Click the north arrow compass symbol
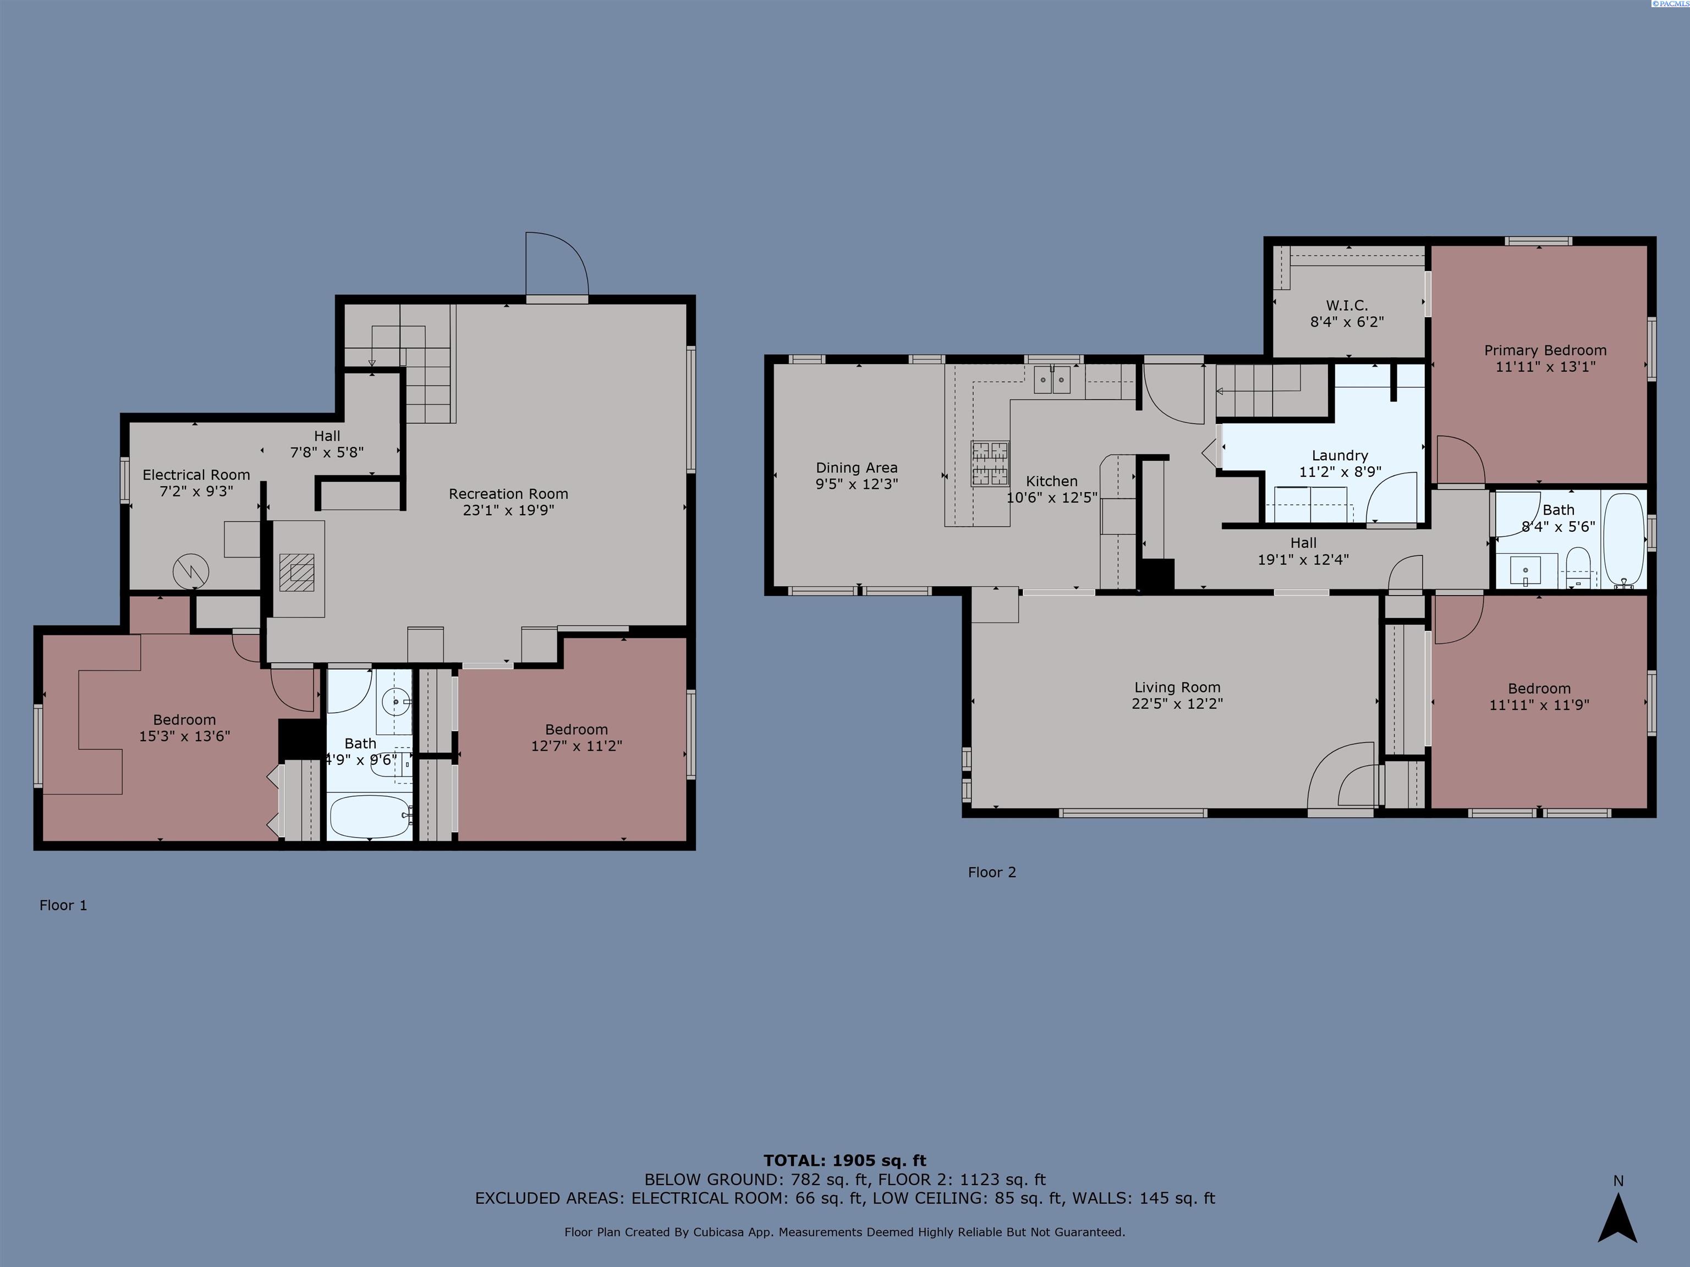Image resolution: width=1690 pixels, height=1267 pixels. point(1617,1218)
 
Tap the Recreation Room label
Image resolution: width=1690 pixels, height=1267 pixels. point(508,494)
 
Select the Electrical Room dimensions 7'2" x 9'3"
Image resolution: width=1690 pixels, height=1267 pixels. point(196,491)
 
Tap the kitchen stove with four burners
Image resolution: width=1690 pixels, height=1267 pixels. point(990,463)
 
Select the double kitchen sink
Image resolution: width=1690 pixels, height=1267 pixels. point(1053,379)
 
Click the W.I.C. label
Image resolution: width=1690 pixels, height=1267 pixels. point(1347,306)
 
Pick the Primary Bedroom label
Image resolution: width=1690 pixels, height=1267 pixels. point(1545,350)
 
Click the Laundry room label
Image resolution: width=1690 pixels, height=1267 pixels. point(1340,455)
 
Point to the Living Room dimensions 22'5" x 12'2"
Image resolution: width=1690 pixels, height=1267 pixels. point(1177,703)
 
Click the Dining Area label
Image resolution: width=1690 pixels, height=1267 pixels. point(857,467)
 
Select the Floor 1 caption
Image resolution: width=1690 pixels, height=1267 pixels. point(63,905)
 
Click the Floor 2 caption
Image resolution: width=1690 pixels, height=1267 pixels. point(992,872)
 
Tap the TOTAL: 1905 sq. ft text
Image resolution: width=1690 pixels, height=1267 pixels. point(845,1161)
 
